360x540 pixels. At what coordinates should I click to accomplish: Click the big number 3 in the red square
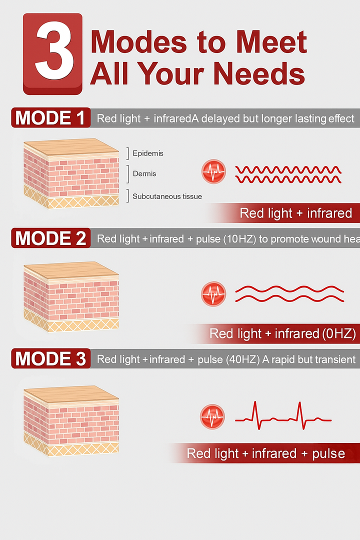pos(52,53)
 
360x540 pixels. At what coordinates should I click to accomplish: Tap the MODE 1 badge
pos(50,118)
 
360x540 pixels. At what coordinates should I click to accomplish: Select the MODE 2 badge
pos(50,238)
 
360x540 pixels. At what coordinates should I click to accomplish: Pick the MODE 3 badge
pos(50,358)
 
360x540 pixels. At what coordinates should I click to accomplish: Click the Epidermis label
pos(148,153)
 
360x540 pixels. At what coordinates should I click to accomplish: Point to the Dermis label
pos(144,174)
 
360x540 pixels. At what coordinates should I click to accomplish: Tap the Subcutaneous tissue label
pos(167,196)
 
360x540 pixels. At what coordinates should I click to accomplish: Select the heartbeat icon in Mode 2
pos(213,293)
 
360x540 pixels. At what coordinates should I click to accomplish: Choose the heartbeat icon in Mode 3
pos(212,416)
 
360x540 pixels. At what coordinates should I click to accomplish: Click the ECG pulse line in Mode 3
pos(283,415)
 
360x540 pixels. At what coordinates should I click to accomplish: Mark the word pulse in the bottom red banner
pos(328,453)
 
